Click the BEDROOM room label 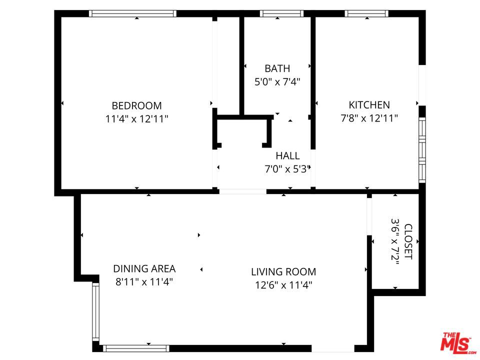[x=136, y=105]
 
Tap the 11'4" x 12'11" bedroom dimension [x=136, y=119]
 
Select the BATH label [x=277, y=68]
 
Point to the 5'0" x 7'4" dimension [x=277, y=81]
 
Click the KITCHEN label [x=369, y=105]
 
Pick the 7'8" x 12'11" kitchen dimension [x=369, y=118]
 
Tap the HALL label [x=288, y=156]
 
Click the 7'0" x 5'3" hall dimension [x=288, y=169]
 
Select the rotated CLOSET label [x=408, y=241]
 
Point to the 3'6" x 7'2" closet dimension [x=395, y=241]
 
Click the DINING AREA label [x=144, y=269]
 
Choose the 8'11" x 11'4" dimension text [x=144, y=281]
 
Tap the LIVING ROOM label [x=283, y=272]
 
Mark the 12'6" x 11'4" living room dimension [x=283, y=285]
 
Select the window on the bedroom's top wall [x=133, y=13]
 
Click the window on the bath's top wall [x=281, y=13]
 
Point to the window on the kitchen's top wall [x=366, y=13]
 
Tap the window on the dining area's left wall [x=96, y=311]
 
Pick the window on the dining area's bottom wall [x=136, y=348]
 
